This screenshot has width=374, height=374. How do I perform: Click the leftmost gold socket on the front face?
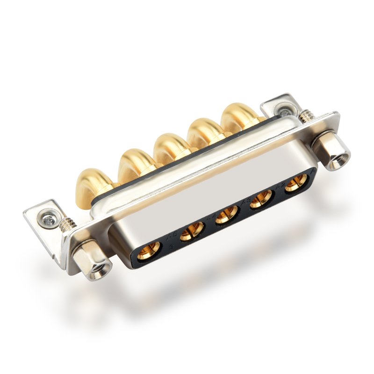pyautogui.click(x=149, y=251)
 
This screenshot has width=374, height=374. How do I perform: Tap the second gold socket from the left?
pyautogui.click(x=192, y=230)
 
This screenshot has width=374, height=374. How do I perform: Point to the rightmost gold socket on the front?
pyautogui.click(x=295, y=183)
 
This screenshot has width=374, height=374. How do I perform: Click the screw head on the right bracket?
pyautogui.click(x=284, y=112)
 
